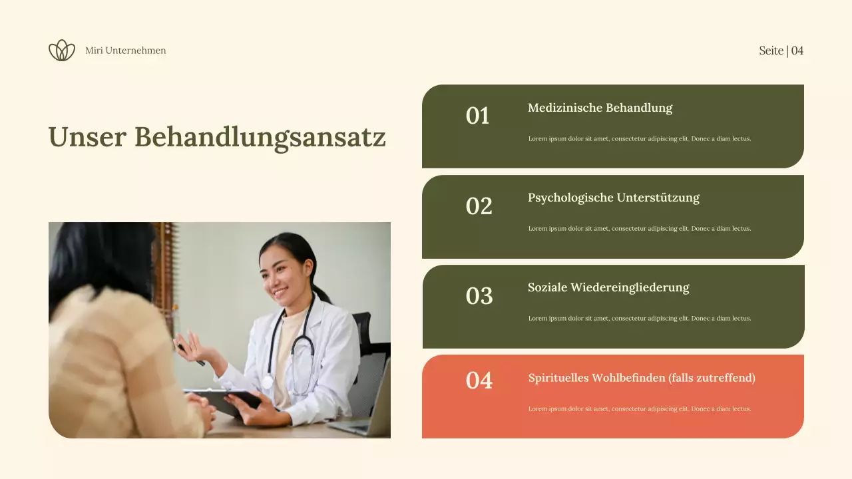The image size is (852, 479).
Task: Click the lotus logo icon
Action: point(62,51)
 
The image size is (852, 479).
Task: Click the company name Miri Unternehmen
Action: point(126,51)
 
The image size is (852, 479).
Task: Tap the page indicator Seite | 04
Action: point(781,51)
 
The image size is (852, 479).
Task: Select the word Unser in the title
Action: point(87,137)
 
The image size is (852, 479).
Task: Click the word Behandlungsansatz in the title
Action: point(260,138)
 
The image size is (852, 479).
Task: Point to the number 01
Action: point(478,116)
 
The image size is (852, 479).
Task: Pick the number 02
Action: point(479,206)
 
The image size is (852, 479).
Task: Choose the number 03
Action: point(479,296)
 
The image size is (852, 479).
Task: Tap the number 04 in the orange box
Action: point(479,381)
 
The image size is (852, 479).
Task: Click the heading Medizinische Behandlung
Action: point(600,108)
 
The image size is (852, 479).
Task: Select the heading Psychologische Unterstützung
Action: point(614,198)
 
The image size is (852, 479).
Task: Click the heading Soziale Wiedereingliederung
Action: point(608,287)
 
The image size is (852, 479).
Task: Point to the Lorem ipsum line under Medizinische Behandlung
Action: point(639,139)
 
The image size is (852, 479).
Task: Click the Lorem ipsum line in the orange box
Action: point(639,409)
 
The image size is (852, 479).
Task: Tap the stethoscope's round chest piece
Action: point(267,383)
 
